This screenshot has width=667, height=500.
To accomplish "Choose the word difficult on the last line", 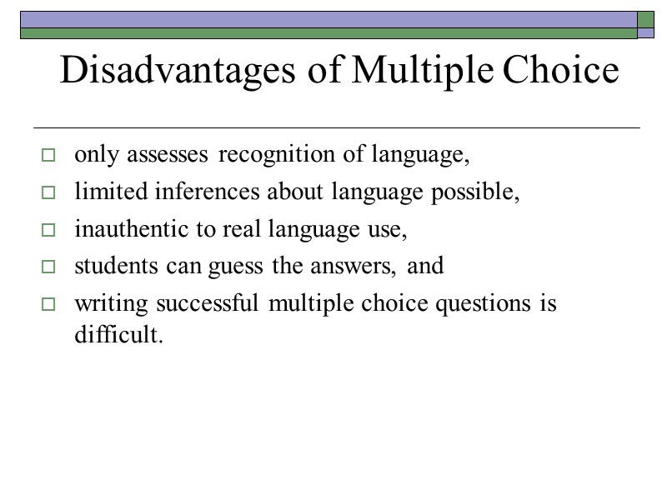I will pyautogui.click(x=114, y=336).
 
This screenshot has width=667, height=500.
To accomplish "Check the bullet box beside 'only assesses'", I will pyautogui.click(x=48, y=156).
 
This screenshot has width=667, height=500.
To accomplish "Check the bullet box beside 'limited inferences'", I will pyautogui.click(x=48, y=193).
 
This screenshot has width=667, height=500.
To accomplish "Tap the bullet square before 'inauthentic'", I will pyautogui.click(x=48, y=231).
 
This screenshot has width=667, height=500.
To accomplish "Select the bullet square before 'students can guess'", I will pyautogui.click(x=48, y=268).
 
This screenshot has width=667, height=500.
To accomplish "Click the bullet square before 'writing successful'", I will pyautogui.click(x=48, y=306).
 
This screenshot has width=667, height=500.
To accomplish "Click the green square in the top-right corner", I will pyautogui.click(x=646, y=19).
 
